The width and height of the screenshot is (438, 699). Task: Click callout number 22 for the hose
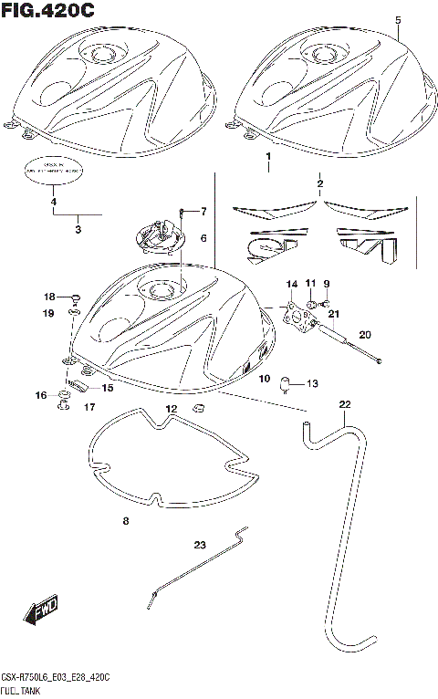[344, 404]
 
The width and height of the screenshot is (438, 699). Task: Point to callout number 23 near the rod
[200, 546]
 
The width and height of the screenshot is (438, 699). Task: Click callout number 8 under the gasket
[126, 521]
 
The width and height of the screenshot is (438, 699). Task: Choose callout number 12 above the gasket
[171, 407]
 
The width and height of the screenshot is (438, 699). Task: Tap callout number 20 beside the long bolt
[365, 334]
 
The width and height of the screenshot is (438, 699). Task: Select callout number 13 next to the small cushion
[311, 382]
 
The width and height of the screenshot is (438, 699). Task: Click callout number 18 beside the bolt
[50, 297]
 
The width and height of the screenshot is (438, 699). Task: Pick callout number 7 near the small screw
[203, 212]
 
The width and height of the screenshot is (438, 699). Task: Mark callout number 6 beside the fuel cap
[203, 239]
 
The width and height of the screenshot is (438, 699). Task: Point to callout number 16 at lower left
[40, 394]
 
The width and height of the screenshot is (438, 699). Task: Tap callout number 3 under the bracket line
[78, 230]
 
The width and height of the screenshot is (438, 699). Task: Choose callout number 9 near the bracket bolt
[326, 283]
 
